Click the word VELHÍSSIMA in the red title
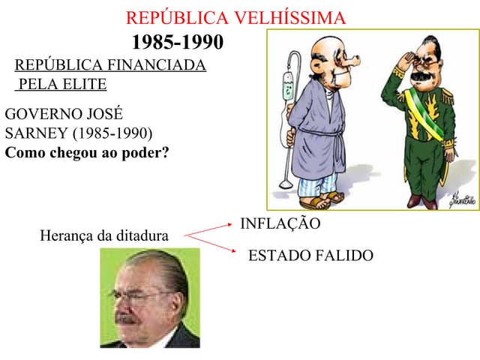291,18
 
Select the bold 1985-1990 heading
178,42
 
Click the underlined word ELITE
83,84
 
